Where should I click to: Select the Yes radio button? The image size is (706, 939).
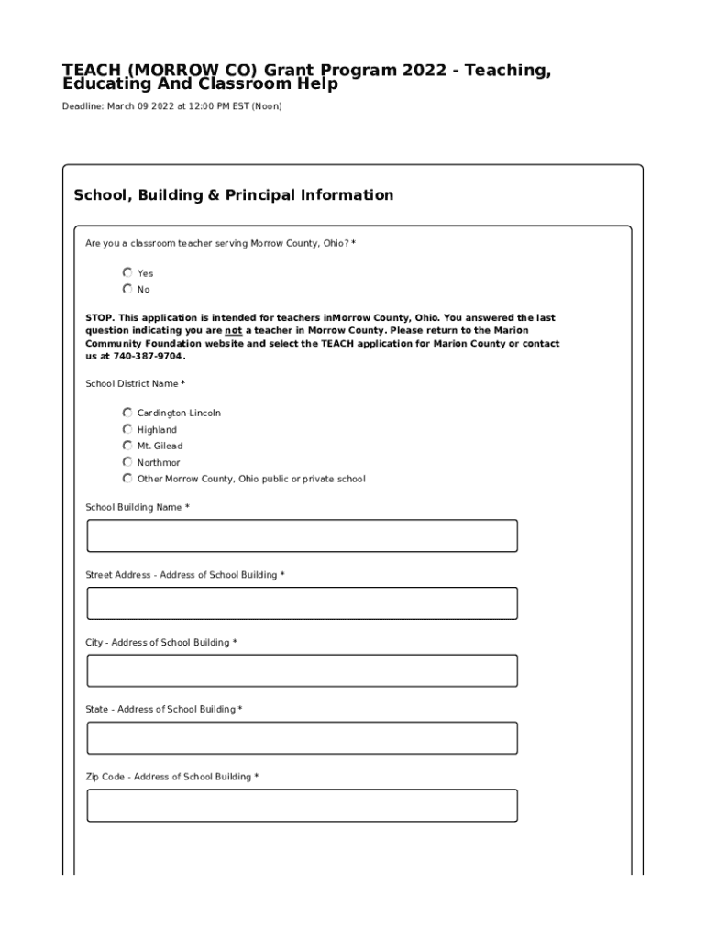pyautogui.click(x=127, y=272)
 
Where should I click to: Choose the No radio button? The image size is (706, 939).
pyautogui.click(x=127, y=289)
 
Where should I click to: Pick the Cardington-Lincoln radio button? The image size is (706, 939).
pyautogui.click(x=127, y=413)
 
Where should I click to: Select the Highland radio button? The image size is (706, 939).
pyautogui.click(x=127, y=429)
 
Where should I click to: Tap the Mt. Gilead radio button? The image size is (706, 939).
pyautogui.click(x=127, y=446)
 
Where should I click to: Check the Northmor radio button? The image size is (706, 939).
pyautogui.click(x=127, y=462)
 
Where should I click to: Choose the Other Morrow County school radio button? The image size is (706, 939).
pyautogui.click(x=127, y=479)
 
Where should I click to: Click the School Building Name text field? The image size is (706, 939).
pyautogui.click(x=302, y=536)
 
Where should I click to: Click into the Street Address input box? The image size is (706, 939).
pyautogui.click(x=302, y=603)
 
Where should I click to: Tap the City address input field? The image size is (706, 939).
pyautogui.click(x=302, y=670)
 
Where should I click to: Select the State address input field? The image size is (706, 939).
pyautogui.click(x=302, y=738)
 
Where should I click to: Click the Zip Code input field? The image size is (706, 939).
pyautogui.click(x=302, y=805)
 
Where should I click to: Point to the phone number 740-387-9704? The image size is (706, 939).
pyautogui.click(x=148, y=356)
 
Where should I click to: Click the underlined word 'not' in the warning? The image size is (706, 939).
pyautogui.click(x=234, y=330)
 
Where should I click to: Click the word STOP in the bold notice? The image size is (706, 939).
pyautogui.click(x=100, y=318)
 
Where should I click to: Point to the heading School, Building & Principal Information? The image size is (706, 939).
pyautogui.click(x=233, y=195)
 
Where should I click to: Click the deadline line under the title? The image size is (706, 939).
pyautogui.click(x=171, y=106)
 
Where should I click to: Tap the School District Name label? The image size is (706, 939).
pyautogui.click(x=135, y=383)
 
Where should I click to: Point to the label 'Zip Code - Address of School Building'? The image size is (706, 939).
pyautogui.click(x=171, y=777)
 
